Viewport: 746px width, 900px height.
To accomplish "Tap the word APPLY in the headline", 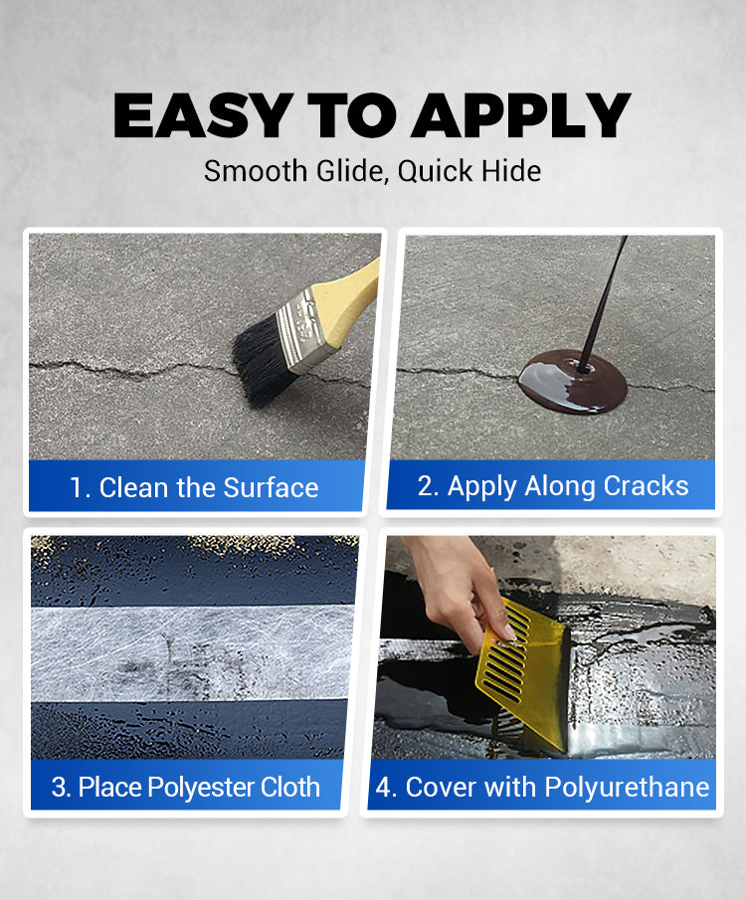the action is pos(521,115).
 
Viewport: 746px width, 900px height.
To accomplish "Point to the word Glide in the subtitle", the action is pos(351,171).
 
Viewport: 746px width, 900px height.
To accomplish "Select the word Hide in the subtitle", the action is pos(511,170).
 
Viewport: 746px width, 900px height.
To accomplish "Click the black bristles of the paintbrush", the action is pos(262,363).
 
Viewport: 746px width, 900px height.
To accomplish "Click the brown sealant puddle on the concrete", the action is pos(572,382).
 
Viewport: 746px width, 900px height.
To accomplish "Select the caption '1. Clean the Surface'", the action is pos(194,488).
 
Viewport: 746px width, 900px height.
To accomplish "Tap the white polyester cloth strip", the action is pos(191,653).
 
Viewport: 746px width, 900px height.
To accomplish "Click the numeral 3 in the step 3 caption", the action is pos(58,787).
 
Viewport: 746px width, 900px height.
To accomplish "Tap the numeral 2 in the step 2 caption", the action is pos(426,485).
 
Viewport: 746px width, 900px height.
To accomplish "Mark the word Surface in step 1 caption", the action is pos(271,488).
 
